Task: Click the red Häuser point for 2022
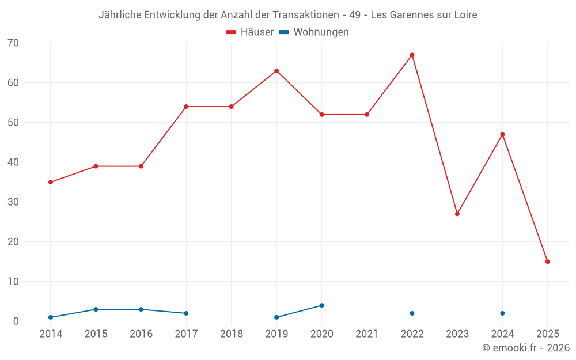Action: [412, 55]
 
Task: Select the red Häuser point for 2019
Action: [276, 71]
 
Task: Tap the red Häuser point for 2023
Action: [457, 214]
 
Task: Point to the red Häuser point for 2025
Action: [548, 262]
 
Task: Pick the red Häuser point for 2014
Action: [51, 182]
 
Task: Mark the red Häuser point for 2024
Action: [502, 135]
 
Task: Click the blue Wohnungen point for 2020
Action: [321, 305]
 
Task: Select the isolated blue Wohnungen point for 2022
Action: [412, 313]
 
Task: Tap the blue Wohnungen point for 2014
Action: [51, 317]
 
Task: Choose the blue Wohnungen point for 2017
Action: [186, 313]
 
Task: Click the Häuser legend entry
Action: [250, 32]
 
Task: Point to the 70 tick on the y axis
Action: [13, 43]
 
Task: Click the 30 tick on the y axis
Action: [13, 202]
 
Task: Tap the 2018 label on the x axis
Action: [232, 334]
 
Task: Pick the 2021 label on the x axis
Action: [367, 334]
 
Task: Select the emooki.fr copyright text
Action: [525, 348]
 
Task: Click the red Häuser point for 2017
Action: [186, 107]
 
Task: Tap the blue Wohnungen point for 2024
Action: [502, 313]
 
